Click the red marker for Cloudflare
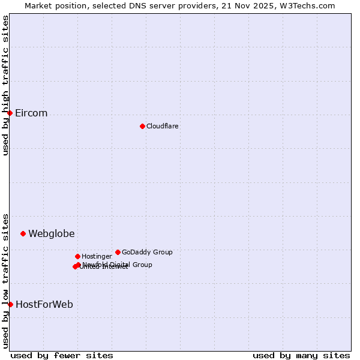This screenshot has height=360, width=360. point(142,126)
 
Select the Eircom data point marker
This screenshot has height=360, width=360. point(10,113)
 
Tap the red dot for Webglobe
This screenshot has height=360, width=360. point(23,233)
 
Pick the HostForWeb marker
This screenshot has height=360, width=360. point(10,304)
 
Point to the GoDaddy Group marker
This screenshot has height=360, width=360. point(118,252)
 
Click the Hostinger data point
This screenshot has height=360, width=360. point(77,256)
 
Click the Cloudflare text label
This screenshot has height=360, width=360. point(162,126)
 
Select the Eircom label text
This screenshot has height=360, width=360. point(31,113)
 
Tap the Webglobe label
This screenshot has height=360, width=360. point(52,234)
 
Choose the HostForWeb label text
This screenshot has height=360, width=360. point(44,305)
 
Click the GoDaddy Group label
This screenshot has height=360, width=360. point(147,253)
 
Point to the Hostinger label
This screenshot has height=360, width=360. point(97,257)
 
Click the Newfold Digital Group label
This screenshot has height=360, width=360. point(118,265)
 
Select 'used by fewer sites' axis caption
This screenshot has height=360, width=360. point(62,355)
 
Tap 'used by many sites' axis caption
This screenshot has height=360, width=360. point(301,355)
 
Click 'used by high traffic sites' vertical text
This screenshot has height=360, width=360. point(6,85)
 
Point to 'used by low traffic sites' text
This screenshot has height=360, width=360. point(6,280)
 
